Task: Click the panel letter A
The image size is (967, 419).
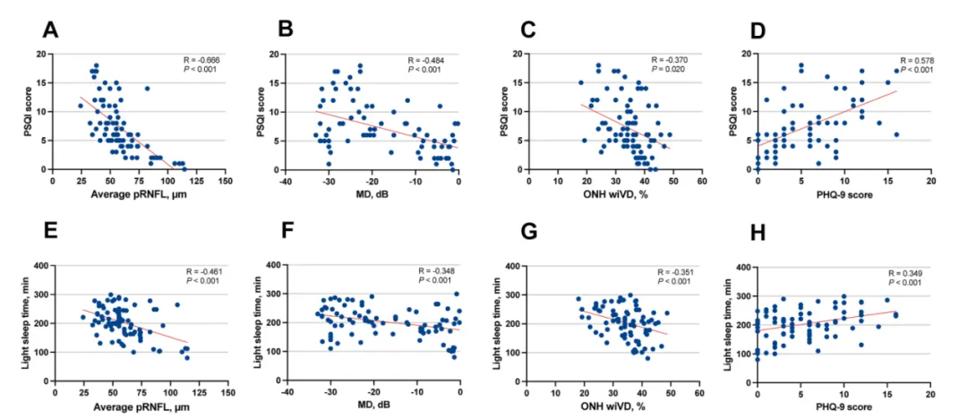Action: point(49,30)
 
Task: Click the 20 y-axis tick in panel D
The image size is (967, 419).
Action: point(745,54)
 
